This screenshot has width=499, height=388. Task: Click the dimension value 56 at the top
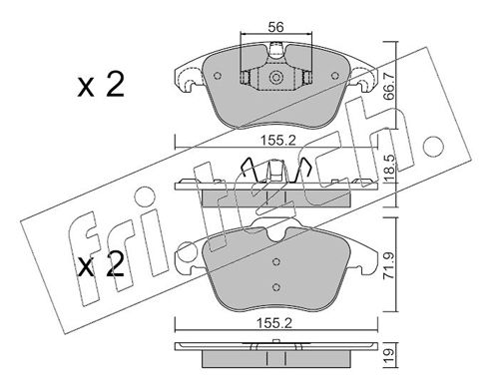click(x=275, y=27)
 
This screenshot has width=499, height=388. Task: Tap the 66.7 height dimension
click(x=388, y=86)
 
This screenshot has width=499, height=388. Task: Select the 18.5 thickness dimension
click(x=388, y=169)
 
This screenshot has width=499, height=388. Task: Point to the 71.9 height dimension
click(x=388, y=265)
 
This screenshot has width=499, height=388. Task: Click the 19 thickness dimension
click(x=388, y=355)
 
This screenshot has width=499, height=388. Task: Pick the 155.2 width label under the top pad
click(x=277, y=141)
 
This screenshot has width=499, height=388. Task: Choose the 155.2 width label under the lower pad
click(x=274, y=323)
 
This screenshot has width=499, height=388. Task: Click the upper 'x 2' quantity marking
click(x=101, y=85)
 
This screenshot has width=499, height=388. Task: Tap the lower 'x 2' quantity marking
click(x=101, y=264)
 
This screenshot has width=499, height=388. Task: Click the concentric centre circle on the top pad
click(x=275, y=78)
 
